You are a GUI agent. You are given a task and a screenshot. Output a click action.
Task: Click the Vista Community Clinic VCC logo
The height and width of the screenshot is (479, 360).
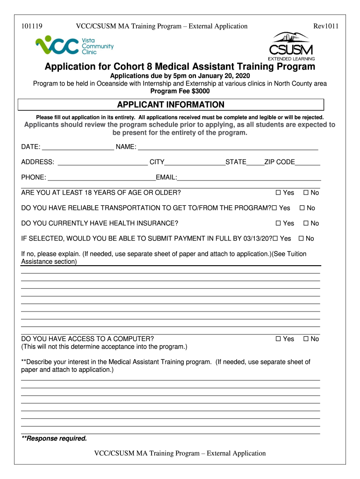[74, 46]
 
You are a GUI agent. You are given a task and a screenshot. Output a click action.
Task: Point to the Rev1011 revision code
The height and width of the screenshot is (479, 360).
[325, 26]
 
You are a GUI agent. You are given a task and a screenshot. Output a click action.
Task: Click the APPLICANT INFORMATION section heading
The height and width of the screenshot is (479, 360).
[170, 105]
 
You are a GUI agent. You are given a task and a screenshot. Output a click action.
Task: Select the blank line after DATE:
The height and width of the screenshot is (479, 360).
[78, 148]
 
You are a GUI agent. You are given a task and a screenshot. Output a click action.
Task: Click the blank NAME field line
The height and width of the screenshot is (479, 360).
[228, 148]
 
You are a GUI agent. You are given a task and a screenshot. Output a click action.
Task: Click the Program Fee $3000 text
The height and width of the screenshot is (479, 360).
[180, 91]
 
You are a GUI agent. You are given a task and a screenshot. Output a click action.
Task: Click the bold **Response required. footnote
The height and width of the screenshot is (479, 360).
[54, 438]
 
